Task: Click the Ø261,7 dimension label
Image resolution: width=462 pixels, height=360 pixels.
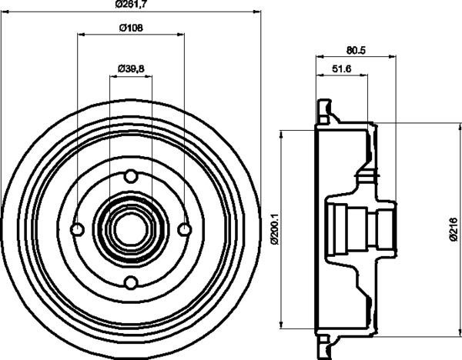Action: (131, 4)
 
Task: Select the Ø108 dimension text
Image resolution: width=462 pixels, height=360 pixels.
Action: (131, 28)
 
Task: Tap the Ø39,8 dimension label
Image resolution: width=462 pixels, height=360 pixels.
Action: (131, 69)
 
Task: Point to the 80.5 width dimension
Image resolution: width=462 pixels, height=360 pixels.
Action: (356, 50)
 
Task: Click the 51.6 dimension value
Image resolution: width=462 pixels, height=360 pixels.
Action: (342, 69)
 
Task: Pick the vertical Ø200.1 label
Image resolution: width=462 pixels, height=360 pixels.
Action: (274, 228)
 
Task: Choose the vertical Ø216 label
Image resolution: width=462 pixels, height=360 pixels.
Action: (454, 229)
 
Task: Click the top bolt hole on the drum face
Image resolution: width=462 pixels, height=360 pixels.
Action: (131, 175)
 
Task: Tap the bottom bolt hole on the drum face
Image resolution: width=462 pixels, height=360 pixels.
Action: (131, 282)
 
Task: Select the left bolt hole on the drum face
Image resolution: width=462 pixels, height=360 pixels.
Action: (78, 229)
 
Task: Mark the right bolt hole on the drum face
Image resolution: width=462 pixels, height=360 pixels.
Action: (185, 229)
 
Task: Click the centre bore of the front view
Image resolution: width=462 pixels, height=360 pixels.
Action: (131, 229)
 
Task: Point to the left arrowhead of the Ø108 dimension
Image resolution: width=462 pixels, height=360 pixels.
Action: (81, 35)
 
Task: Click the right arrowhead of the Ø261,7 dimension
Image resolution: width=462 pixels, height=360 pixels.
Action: (257, 12)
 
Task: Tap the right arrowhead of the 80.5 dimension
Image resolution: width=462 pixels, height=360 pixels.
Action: (392, 56)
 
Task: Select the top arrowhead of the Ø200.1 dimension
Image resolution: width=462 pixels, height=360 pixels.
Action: (281, 133)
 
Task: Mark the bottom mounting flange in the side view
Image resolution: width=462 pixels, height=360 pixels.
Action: (325, 346)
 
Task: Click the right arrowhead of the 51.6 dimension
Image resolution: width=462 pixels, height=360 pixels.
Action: (364, 75)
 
